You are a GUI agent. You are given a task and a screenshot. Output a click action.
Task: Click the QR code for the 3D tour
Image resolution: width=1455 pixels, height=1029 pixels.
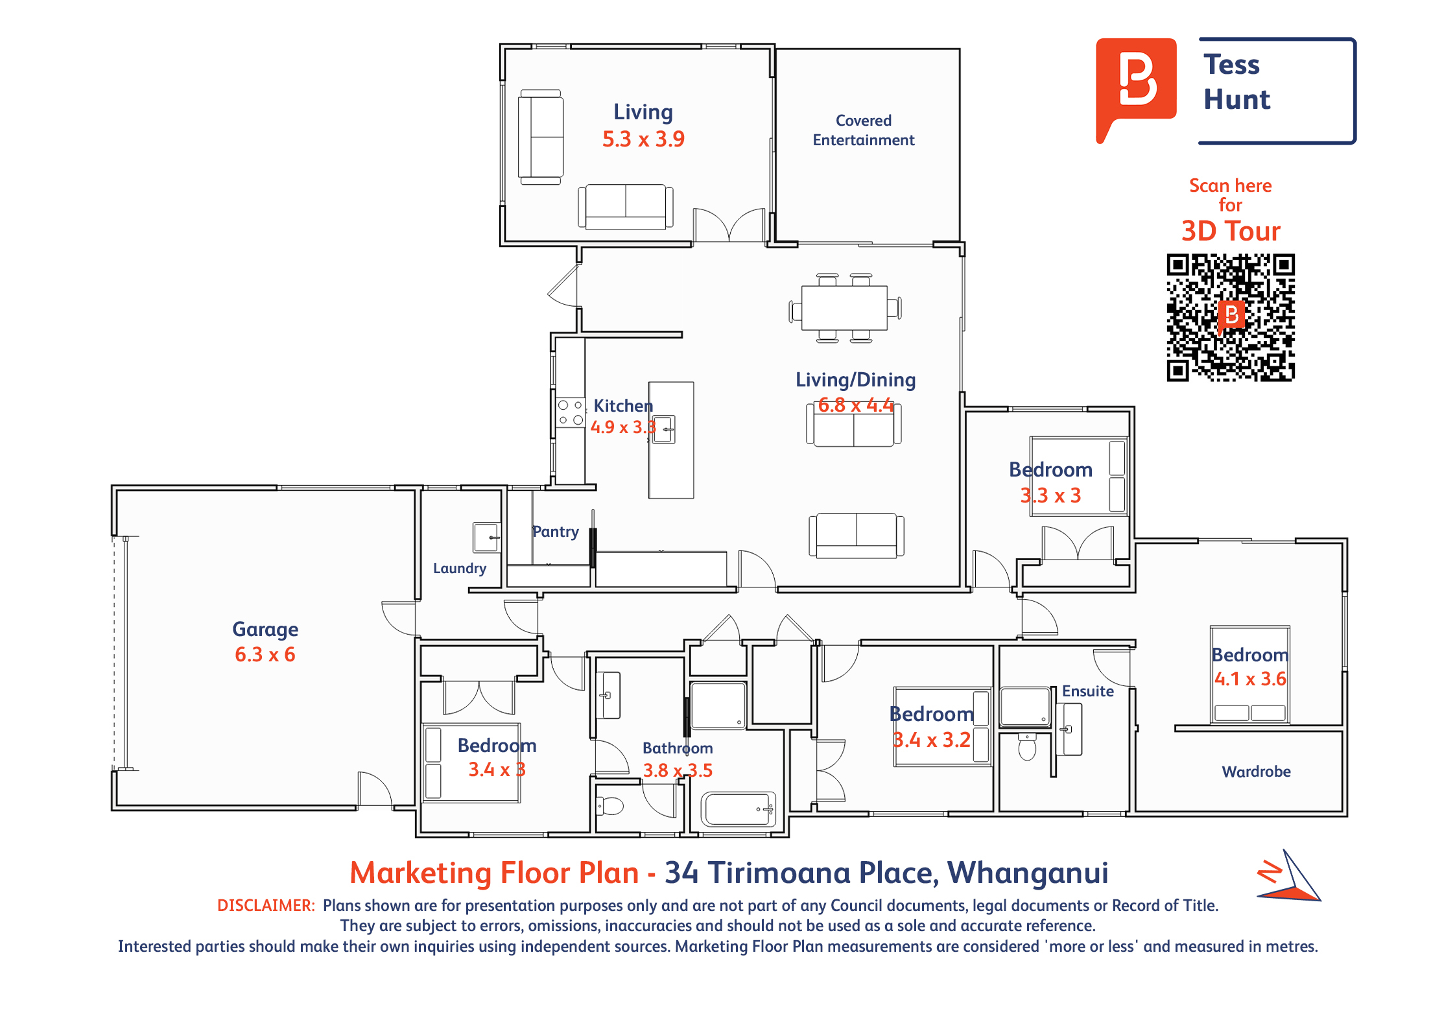coord(1230,317)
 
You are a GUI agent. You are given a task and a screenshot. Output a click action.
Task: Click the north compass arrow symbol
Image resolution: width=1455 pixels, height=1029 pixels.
coord(1288,876)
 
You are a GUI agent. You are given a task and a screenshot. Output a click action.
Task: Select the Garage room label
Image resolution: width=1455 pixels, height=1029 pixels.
coord(265,630)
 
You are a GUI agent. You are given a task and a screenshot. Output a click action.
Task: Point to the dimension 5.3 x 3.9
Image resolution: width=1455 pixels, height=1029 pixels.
coord(643,139)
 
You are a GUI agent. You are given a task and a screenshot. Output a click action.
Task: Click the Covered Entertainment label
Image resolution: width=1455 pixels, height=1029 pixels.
coord(864,130)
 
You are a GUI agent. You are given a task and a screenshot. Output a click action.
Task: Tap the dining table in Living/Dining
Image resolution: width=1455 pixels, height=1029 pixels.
coord(845,308)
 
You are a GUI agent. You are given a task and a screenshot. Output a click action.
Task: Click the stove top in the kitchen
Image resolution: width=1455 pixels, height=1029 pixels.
coord(571,412)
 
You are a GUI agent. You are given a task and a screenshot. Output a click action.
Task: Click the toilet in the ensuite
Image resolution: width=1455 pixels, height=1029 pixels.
coord(1027,746)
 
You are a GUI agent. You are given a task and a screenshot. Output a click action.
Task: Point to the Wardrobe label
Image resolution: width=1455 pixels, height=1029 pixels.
coord(1256,772)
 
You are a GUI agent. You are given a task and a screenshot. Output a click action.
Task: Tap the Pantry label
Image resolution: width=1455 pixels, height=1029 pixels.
coord(556,532)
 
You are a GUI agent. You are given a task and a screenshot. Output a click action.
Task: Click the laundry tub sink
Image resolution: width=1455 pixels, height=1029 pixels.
coord(486,538)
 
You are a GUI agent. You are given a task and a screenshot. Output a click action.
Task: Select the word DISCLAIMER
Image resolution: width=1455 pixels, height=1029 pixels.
coord(266,905)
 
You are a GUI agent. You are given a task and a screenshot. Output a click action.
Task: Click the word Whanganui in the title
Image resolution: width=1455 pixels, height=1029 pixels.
coord(1028,873)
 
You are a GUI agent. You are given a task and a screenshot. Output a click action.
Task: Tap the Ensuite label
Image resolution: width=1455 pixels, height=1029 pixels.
coord(1087,691)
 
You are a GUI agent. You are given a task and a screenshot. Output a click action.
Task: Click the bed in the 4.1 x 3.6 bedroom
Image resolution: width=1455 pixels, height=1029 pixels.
coord(1249,674)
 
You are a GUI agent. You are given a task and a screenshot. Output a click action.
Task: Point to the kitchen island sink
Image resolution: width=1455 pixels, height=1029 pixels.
coord(664,429)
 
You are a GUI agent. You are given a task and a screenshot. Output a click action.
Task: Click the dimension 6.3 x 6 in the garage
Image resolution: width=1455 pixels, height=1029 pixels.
coord(265,655)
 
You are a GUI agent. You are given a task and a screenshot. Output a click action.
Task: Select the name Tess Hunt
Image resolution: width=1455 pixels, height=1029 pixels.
coord(1236,82)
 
